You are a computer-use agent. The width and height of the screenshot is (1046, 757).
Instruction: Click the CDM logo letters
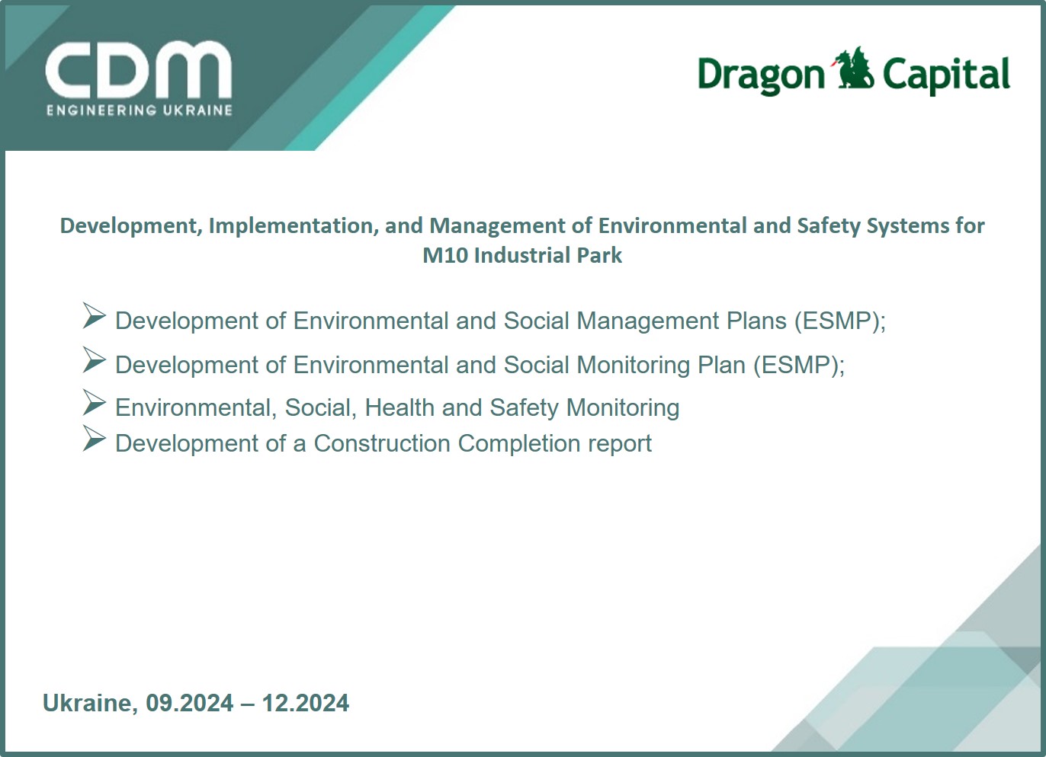pyautogui.click(x=138, y=70)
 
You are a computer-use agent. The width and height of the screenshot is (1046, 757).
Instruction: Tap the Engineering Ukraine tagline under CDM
pyautogui.click(x=140, y=110)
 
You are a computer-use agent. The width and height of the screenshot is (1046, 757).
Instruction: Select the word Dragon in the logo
pyautogui.click(x=761, y=75)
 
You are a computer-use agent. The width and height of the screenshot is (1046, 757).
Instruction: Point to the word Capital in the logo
pyautogui.click(x=946, y=75)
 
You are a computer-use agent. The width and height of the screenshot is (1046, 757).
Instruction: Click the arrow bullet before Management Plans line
pyautogui.click(x=95, y=316)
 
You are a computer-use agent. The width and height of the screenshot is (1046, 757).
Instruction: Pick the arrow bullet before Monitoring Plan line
pyautogui.click(x=95, y=359)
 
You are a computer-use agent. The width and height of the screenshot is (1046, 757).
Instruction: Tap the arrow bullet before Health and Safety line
pyautogui.click(x=95, y=403)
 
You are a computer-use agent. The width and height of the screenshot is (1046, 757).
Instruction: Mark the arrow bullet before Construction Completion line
pyautogui.click(x=95, y=439)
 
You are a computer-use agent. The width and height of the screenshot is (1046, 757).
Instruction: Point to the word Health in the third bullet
pyautogui.click(x=399, y=407)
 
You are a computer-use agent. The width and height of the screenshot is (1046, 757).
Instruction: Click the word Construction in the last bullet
pyautogui.click(x=382, y=443)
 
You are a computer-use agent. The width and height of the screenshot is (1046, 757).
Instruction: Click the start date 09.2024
pyautogui.click(x=190, y=704)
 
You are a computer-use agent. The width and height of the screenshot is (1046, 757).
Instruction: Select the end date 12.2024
pyautogui.click(x=306, y=704)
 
